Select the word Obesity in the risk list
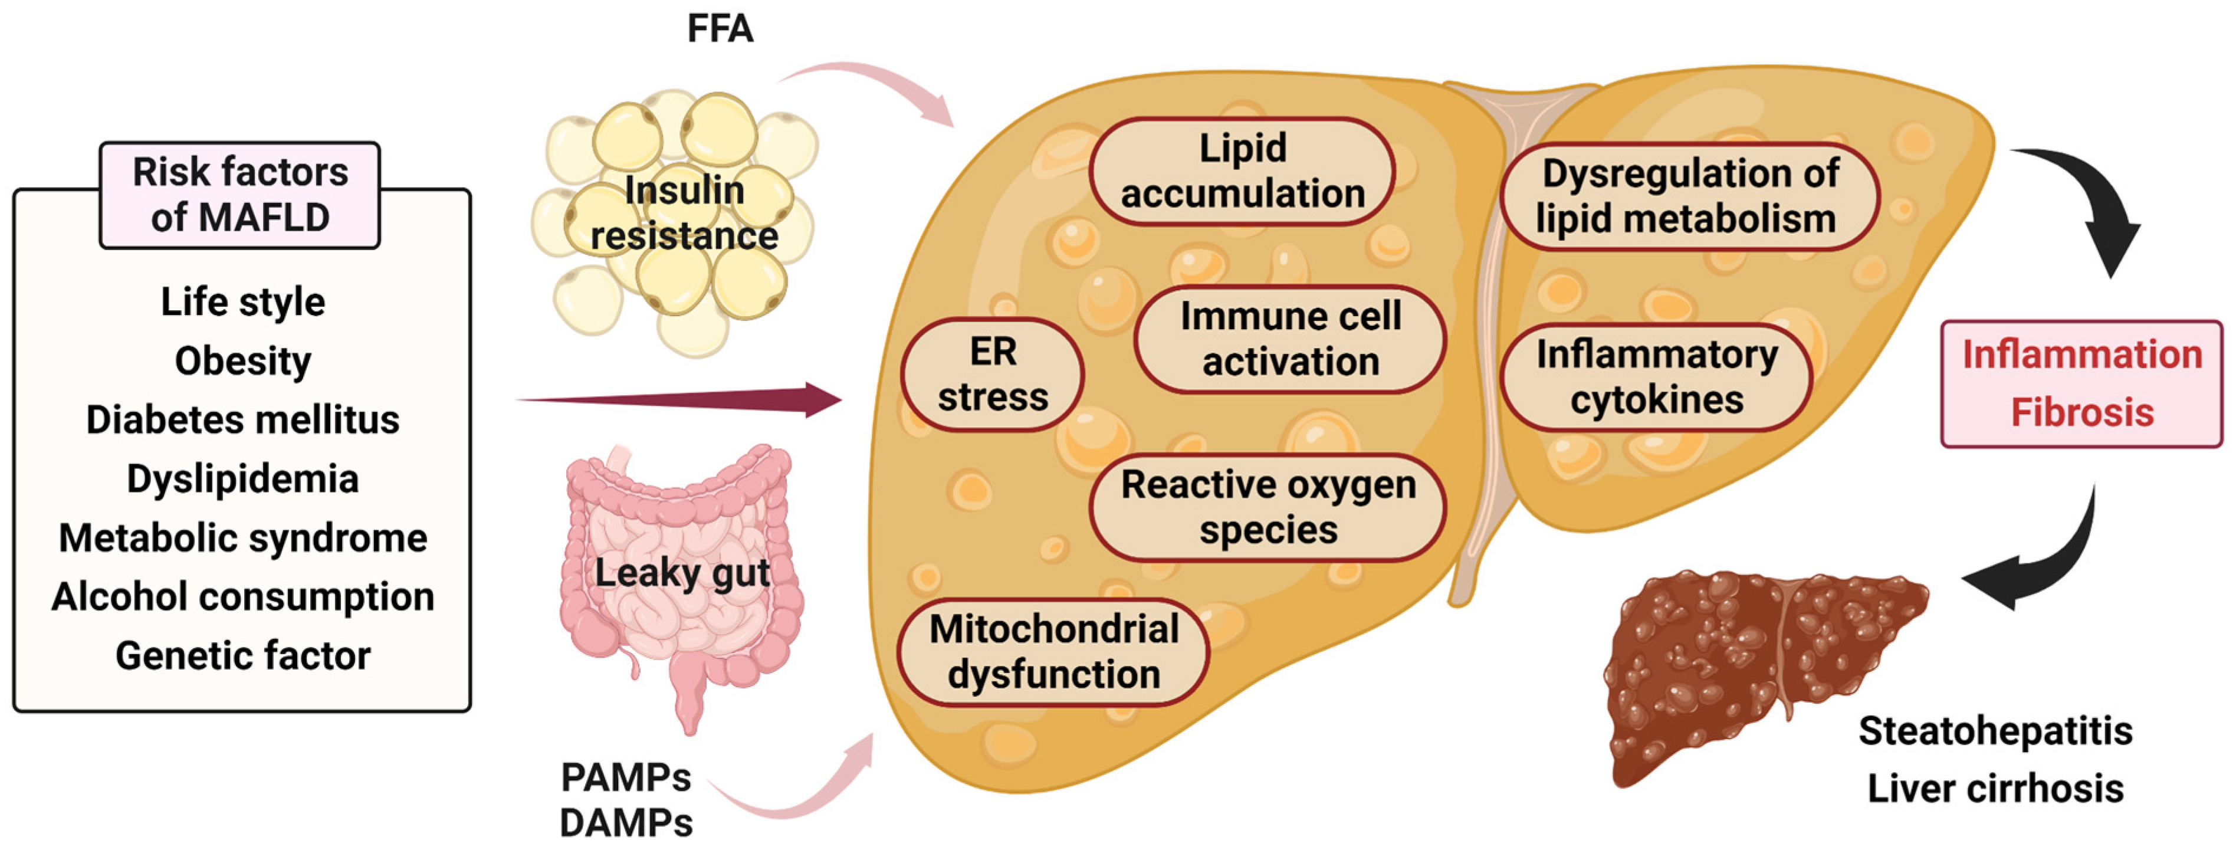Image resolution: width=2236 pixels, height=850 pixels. (242, 361)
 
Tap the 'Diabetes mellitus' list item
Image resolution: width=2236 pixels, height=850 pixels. (242, 420)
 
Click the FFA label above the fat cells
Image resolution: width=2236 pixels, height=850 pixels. (720, 29)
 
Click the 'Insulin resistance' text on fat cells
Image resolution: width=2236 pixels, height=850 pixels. (684, 214)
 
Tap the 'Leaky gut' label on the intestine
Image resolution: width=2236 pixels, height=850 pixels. (682, 573)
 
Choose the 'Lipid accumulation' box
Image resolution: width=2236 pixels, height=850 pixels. (1242, 171)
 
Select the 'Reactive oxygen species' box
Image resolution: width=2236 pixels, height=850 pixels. (1268, 507)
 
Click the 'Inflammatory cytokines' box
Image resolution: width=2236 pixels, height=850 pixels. (1656, 378)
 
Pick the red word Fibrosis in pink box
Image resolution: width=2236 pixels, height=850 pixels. (2081, 412)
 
